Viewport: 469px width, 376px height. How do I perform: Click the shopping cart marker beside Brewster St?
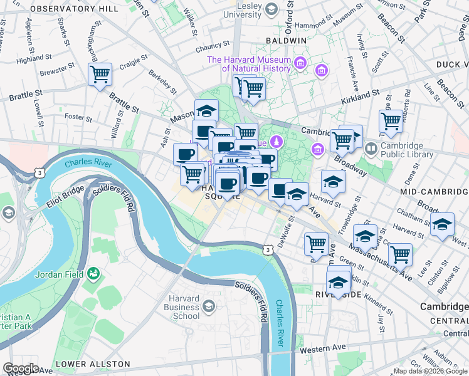100,75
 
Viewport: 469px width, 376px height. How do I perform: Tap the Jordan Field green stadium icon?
93,273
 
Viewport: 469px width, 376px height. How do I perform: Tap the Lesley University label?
241,9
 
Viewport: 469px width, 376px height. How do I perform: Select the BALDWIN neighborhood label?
285,40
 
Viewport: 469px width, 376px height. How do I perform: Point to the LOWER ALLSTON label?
93,364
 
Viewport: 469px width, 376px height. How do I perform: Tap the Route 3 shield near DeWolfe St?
268,250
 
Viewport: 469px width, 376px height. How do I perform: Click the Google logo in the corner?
21,368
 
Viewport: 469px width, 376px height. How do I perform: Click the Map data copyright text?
430,371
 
